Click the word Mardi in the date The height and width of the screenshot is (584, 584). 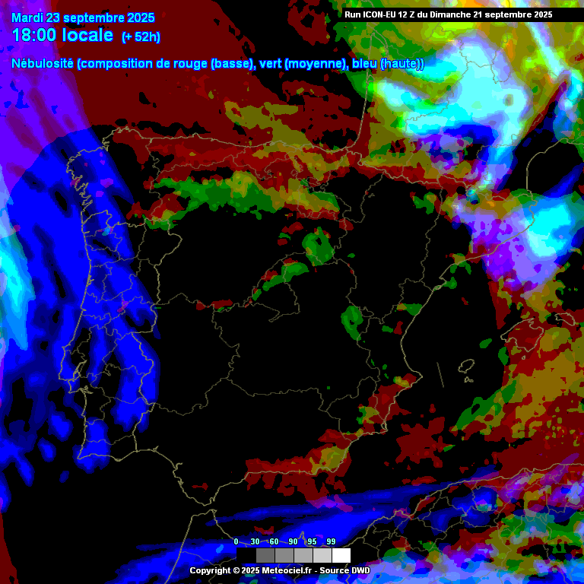coord(28,18)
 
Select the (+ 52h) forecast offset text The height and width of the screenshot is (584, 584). coord(141,37)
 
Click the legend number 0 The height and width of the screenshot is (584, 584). coord(236,541)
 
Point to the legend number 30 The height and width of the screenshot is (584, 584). coord(255,541)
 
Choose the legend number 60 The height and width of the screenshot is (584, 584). coord(274,541)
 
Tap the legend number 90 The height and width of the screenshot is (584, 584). coord(293,541)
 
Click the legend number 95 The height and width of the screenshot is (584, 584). coord(312,541)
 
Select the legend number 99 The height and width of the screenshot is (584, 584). coord(331,541)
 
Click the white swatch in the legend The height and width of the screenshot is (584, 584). coord(341,555)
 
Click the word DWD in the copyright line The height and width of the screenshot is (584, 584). coord(361,570)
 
